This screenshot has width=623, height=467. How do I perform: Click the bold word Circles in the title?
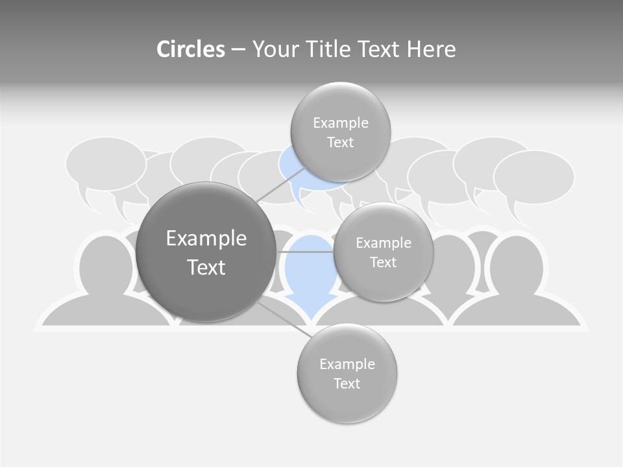tap(190, 49)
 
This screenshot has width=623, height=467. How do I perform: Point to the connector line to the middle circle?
tap(305, 252)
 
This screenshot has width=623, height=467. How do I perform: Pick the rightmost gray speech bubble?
tap(533, 176)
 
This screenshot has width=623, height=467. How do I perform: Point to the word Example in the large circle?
tap(206, 239)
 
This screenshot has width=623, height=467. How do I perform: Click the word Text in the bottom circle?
tap(347, 383)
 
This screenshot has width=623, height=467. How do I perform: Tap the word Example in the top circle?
tap(340, 123)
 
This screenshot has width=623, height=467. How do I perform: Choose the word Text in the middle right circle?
tap(383, 263)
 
